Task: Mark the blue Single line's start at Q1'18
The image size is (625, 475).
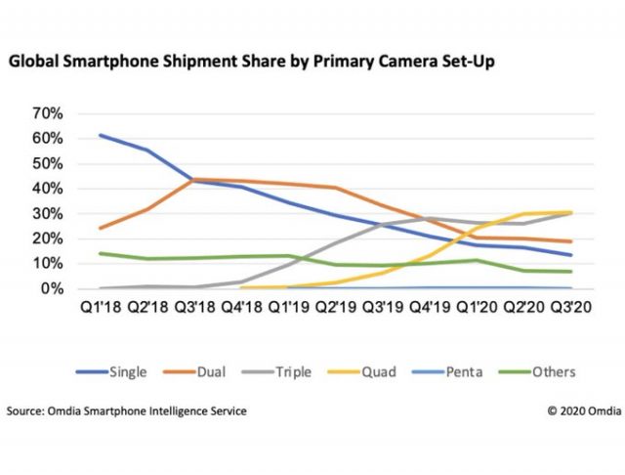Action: click(101, 136)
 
